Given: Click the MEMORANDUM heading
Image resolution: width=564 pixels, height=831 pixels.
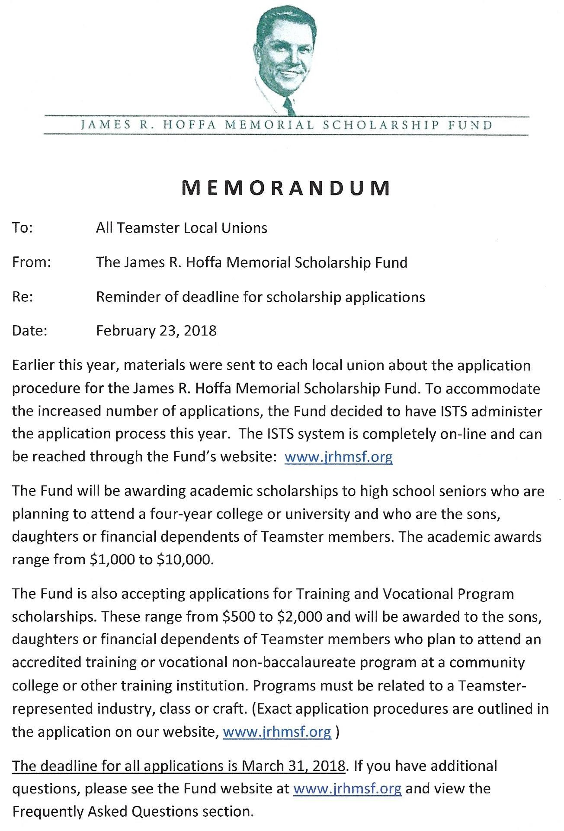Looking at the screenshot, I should pos(286,188).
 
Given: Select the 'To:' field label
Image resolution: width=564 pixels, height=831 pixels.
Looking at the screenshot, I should pos(22,228).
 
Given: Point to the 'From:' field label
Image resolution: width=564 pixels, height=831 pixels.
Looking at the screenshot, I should pos(32,262).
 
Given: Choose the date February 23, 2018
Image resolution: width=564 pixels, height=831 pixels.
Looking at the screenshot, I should pos(156,331).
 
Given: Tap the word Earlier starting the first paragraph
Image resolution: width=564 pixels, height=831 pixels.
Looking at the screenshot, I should pos(33,365).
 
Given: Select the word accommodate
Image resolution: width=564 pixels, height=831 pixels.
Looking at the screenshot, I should pos(493,388).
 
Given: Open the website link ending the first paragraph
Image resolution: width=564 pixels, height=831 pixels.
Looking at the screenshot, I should pos(338,457).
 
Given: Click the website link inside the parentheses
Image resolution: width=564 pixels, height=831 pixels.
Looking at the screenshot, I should pos(277,732).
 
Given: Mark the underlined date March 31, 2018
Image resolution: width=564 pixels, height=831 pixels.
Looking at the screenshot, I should pos(294,766).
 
